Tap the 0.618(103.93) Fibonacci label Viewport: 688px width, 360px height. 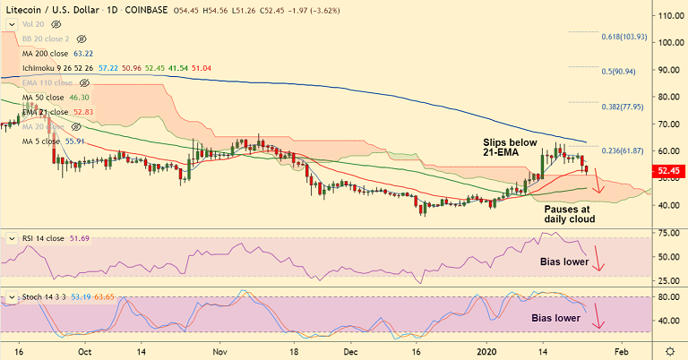(x=623, y=37)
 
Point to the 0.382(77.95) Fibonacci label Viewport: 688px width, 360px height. (x=623, y=106)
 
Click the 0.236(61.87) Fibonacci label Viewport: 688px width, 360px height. (x=623, y=151)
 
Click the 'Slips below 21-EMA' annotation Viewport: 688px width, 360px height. (x=511, y=149)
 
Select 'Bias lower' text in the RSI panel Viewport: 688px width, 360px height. (x=564, y=262)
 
